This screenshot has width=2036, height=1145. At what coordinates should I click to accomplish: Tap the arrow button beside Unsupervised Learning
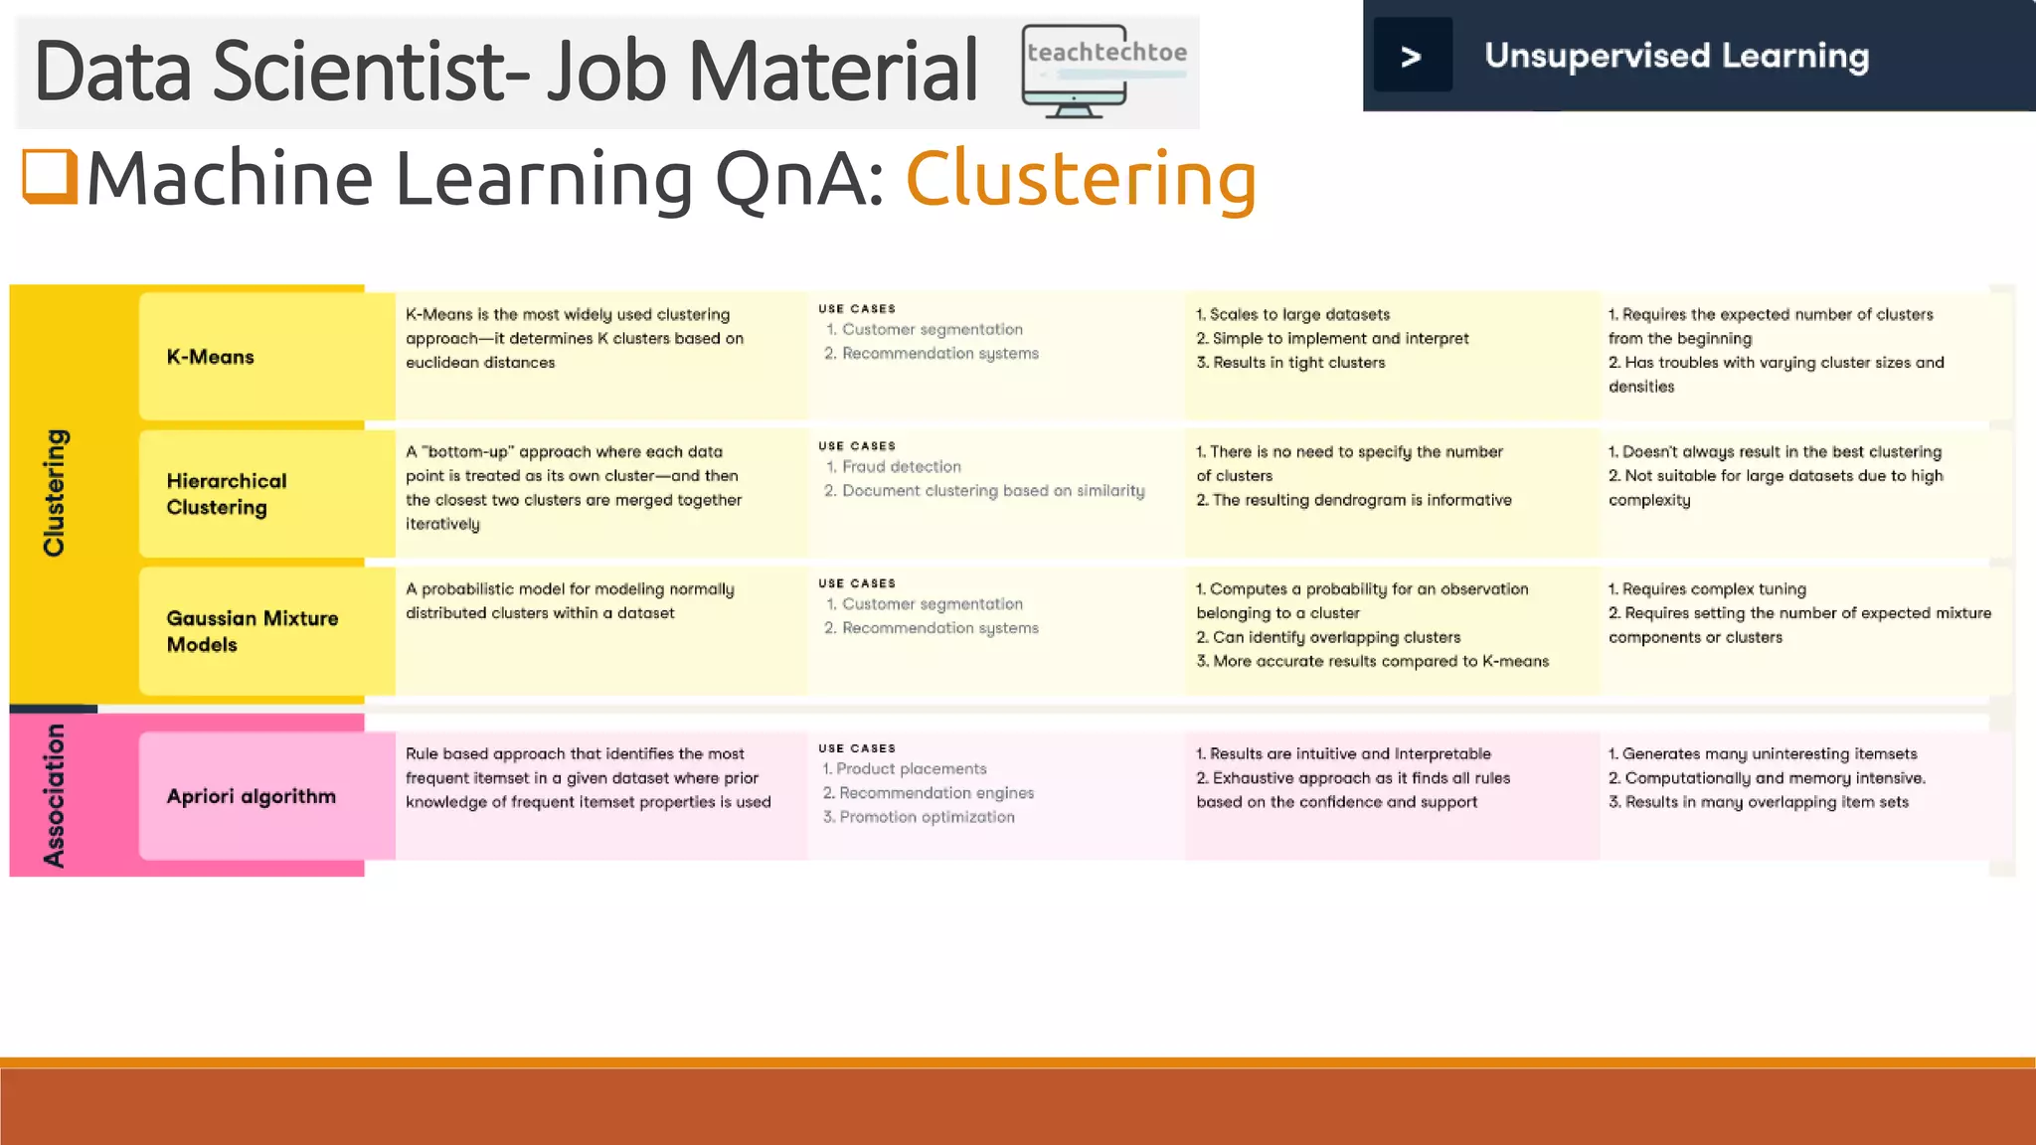1412,56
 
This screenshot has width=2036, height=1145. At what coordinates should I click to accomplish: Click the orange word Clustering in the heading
1081,179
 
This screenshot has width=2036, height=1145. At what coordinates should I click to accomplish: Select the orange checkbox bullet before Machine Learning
50,176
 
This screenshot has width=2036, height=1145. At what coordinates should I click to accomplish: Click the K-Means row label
211,357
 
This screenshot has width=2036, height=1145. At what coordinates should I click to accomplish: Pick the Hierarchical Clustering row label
227,494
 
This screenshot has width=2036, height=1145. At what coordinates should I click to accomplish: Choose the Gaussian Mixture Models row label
253,631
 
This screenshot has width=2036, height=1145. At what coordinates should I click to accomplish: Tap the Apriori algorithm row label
252,796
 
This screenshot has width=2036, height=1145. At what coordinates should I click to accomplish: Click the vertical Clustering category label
55,493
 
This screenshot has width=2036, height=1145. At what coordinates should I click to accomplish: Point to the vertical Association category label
55,795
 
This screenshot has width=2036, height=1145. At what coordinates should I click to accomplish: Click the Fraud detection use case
901,467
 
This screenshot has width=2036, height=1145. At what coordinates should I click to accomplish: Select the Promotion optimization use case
926,817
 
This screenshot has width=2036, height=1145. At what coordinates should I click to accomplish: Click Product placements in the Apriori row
911,769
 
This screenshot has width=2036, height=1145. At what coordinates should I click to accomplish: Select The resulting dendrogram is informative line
1361,500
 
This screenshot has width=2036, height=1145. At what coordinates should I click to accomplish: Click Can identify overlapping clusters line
1335,637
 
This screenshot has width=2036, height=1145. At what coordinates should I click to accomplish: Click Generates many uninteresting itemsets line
1769,754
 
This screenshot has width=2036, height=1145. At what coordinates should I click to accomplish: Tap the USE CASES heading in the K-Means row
857,309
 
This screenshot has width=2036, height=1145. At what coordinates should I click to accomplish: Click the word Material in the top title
833,72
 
